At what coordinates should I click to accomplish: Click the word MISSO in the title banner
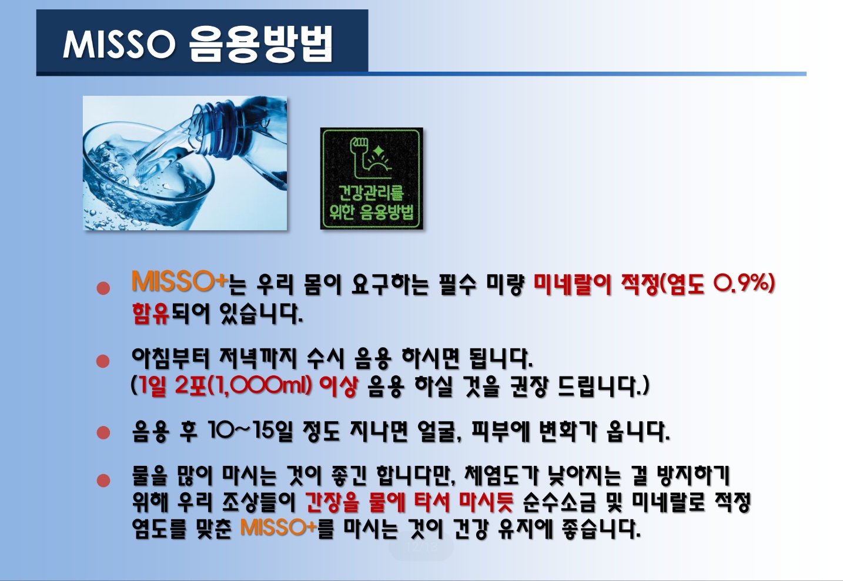coord(119,45)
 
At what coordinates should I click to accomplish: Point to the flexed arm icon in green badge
coord(372,158)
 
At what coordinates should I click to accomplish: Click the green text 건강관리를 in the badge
coord(371,192)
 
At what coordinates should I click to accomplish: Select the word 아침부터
coord(170,359)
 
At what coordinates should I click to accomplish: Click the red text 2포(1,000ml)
coord(243,386)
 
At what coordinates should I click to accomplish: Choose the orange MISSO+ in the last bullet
coord(279,528)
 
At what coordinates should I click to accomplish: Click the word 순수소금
coord(560,502)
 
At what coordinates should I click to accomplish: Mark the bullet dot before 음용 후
coord(103,433)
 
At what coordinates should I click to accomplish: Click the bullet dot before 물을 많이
coord(103,481)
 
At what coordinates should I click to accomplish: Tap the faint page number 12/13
coord(421,547)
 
